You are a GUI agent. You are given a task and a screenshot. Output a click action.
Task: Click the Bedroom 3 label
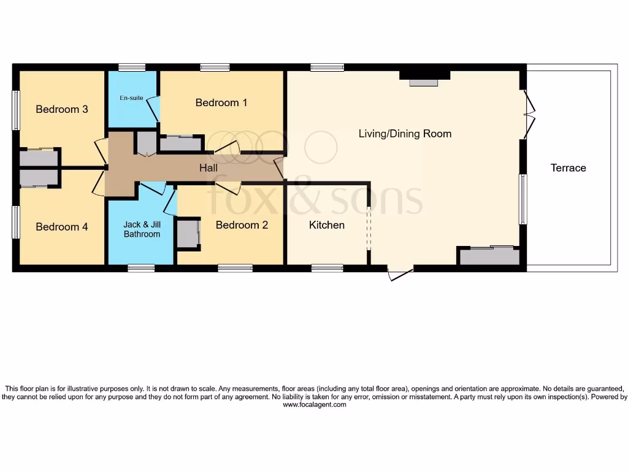(62, 109)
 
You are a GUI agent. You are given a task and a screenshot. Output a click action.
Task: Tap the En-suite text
(131, 98)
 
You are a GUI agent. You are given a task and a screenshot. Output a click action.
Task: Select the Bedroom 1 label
(221, 102)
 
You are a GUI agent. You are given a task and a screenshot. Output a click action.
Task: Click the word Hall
(209, 167)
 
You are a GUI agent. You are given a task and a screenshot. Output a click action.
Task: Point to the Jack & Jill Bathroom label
(142, 229)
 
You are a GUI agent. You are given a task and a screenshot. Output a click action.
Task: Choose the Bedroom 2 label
(242, 225)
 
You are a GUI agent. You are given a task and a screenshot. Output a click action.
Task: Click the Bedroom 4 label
(62, 227)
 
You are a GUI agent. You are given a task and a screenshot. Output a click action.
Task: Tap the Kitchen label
(327, 225)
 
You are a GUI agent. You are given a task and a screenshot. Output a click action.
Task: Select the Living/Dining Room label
(405, 133)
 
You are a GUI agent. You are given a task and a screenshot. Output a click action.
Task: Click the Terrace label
(568, 167)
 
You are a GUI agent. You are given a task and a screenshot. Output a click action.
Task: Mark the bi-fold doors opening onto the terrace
(529, 114)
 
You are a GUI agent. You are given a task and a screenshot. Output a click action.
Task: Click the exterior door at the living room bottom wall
(399, 273)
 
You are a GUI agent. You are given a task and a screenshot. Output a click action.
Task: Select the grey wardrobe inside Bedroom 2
(187, 234)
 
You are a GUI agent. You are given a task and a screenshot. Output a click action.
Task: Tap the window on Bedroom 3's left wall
(16, 110)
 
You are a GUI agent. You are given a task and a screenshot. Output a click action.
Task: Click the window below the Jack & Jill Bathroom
(141, 267)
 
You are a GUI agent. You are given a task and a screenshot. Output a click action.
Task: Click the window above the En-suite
(132, 67)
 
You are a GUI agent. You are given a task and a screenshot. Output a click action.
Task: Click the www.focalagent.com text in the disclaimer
(314, 405)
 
